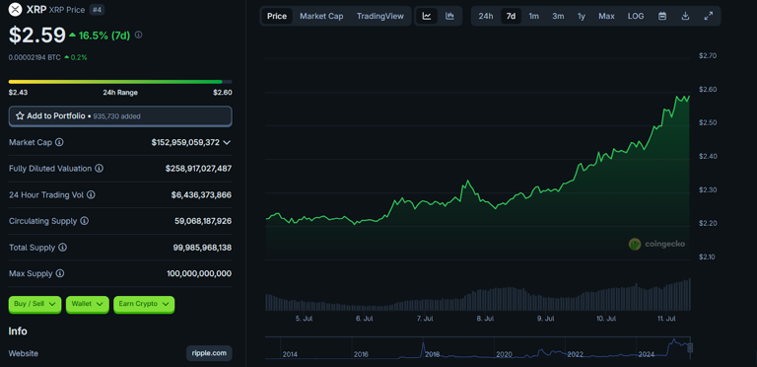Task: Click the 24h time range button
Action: coord(486,16)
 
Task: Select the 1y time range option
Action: coord(582,16)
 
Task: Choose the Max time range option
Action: coord(606,16)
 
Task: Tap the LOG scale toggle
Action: coord(636,16)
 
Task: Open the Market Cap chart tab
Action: coord(321,16)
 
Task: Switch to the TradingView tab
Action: coord(379,16)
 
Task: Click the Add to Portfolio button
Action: coord(120,116)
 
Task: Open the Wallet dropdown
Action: coord(87,304)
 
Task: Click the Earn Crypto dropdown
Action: coord(144,304)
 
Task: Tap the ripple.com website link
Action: coord(209,353)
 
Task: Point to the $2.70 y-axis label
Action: coord(707,56)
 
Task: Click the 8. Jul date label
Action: coord(485,319)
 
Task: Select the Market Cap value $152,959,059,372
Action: coord(185,143)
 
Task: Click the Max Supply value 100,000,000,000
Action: coord(199,273)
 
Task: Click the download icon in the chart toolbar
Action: coord(685,16)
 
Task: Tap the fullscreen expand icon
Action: coord(708,16)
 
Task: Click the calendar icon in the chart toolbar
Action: coord(662,16)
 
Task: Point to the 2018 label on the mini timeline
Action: coord(432,354)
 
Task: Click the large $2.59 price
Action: coord(37,36)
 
